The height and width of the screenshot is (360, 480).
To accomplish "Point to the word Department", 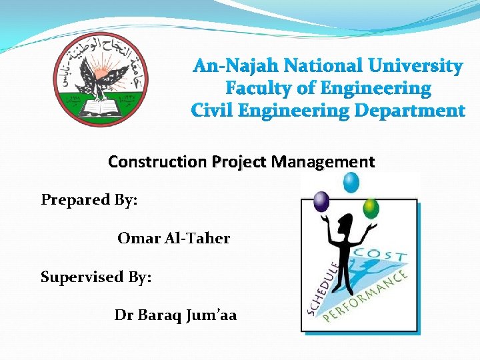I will pos(409,111).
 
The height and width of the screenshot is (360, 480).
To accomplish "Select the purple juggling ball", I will pos(321,201).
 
